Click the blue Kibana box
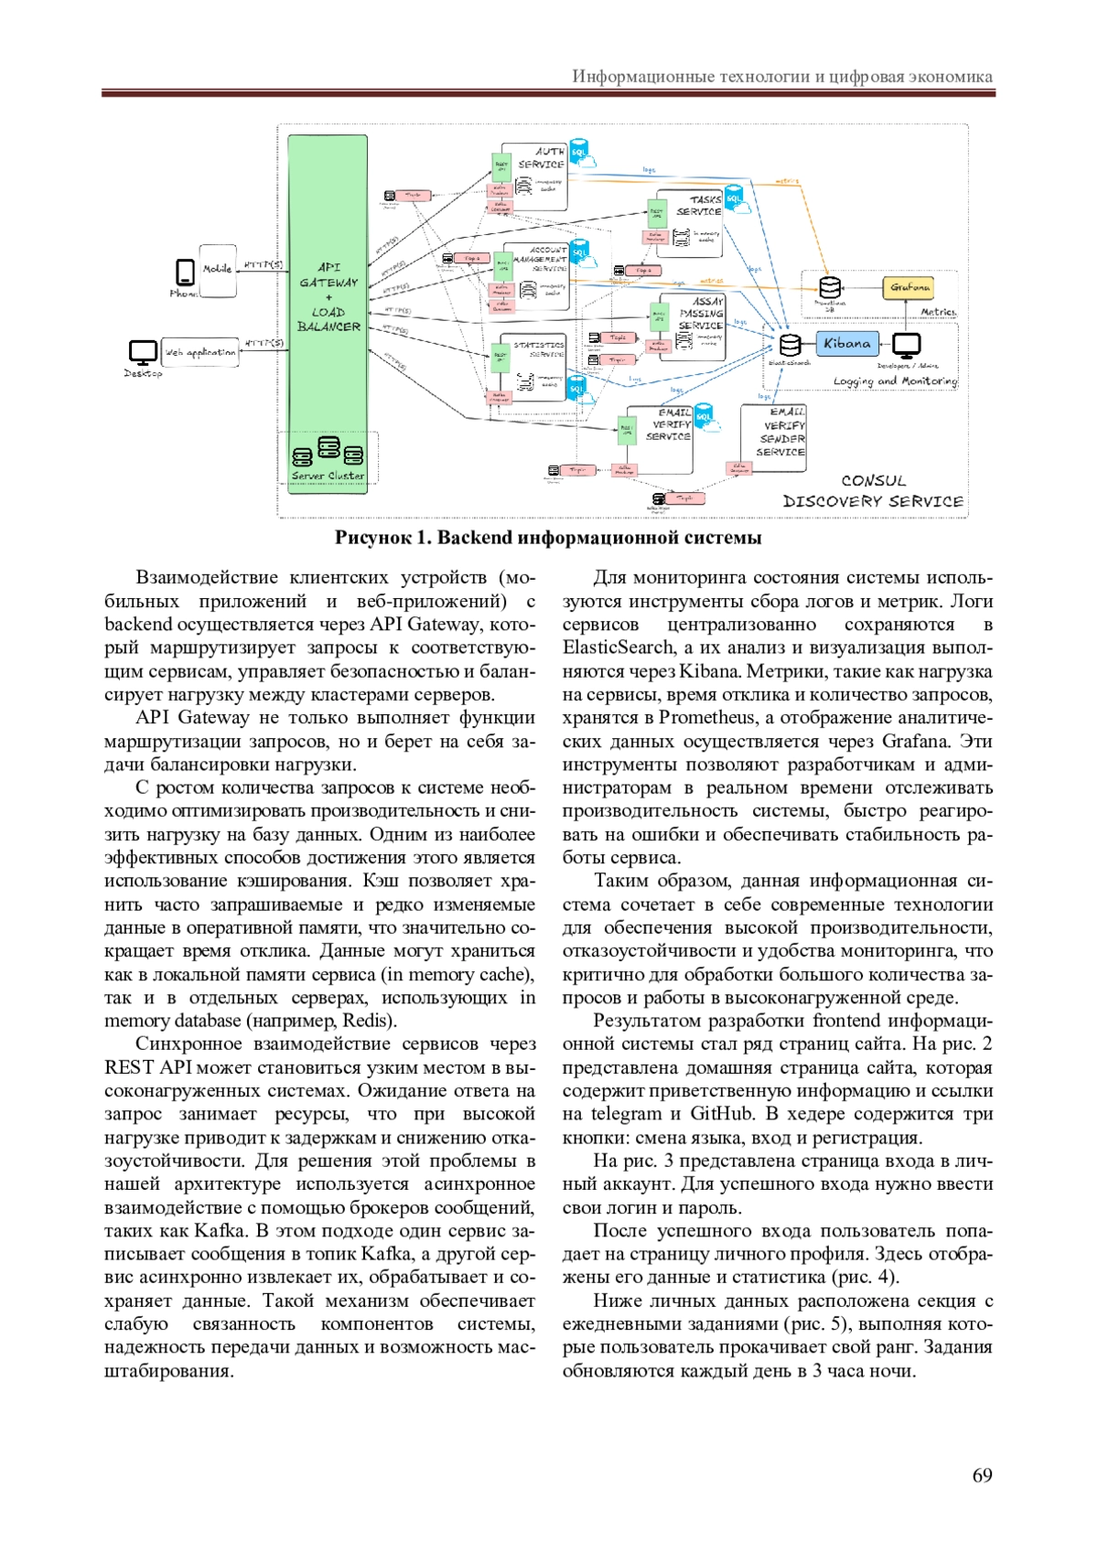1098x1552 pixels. click(846, 344)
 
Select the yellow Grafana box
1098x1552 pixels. click(909, 287)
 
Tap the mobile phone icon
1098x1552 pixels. click(185, 272)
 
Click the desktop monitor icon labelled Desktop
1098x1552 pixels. click(143, 352)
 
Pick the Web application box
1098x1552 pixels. click(200, 352)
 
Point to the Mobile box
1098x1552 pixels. click(218, 270)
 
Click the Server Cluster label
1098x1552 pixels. click(328, 476)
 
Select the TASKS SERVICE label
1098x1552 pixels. click(700, 205)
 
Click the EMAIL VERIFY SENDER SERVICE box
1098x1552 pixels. click(774, 438)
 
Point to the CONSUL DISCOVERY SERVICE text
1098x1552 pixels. click(873, 491)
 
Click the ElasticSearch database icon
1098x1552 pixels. click(790, 345)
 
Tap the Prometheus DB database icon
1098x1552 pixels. click(829, 287)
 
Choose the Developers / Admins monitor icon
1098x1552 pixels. click(906, 345)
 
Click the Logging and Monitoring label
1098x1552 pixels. click(895, 380)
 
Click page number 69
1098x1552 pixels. click(982, 1475)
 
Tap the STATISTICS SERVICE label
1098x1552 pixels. click(540, 349)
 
